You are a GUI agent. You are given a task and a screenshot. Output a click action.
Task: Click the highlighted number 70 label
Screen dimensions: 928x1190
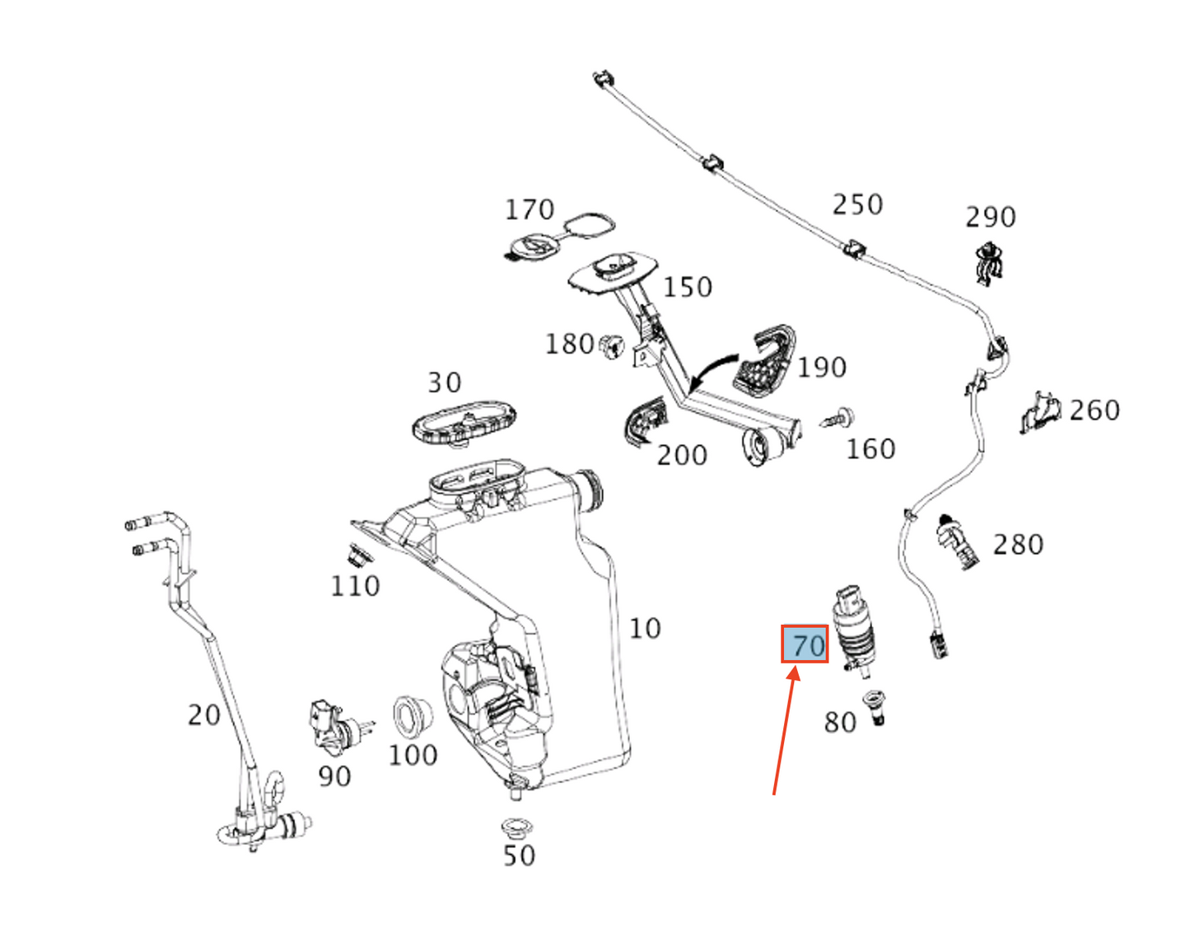805,644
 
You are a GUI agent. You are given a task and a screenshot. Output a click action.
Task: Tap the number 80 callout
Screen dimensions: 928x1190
840,722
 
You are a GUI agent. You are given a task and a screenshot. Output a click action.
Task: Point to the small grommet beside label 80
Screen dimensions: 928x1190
875,707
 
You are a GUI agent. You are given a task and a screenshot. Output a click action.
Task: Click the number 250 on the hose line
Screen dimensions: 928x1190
857,204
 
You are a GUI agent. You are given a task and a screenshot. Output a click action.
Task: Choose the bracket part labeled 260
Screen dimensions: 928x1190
1040,410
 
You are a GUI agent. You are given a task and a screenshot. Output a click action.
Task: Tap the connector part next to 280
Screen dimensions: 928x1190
956,541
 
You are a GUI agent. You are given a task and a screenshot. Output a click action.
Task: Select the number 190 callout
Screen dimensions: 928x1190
822,367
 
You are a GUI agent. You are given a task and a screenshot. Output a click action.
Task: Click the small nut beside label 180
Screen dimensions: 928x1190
611,346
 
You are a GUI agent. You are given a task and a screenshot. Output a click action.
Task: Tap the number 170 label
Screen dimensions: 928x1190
530,210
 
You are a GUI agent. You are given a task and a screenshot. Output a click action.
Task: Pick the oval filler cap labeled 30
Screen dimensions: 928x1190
464,423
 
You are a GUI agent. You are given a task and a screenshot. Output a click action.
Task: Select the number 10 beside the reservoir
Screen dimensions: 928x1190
645,628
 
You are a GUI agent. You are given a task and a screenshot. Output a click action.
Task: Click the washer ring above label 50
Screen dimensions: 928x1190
516,825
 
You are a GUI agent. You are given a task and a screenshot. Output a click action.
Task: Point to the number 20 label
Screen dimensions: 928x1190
203,715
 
